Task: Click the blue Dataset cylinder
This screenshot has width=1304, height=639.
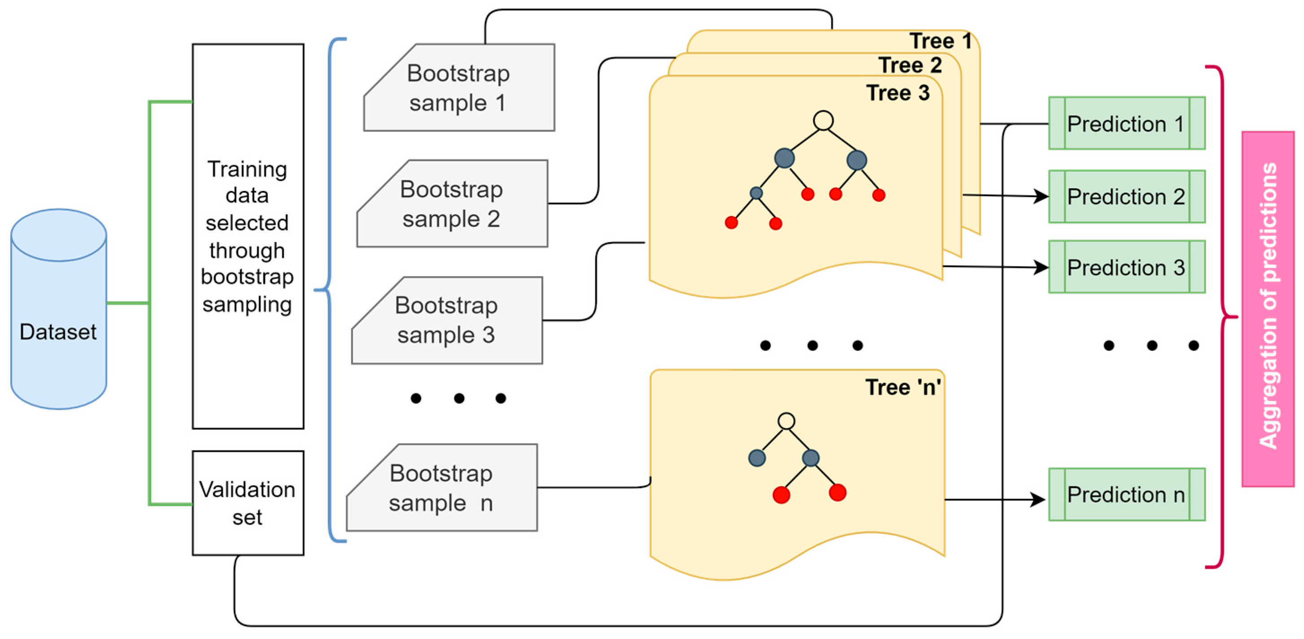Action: coord(59,309)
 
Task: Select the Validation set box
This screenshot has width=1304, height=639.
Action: coord(248,503)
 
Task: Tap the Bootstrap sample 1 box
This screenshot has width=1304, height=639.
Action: coord(459,87)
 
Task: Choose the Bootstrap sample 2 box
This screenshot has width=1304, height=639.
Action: coord(452,203)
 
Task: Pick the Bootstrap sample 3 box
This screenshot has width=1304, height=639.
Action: coord(447,320)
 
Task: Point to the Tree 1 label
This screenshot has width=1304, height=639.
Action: coord(940,41)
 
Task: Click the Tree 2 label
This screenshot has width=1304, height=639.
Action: coord(910,65)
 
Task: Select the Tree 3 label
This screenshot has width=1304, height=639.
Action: coord(898,93)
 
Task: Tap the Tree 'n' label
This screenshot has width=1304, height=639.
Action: coord(903,387)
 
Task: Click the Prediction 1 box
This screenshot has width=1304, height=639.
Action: coord(1127,123)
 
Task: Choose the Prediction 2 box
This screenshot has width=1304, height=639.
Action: coord(1127,196)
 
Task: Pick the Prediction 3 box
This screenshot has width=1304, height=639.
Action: coord(1127,267)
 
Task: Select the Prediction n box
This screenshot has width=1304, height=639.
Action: coord(1127,494)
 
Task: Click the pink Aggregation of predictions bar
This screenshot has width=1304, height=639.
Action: coord(1268,309)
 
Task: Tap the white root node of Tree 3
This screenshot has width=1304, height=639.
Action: coord(823,121)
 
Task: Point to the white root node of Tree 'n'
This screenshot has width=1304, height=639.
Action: coord(786,421)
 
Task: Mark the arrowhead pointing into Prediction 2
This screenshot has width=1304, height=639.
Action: coord(1041,196)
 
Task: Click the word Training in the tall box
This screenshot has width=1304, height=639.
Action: coord(247,169)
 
